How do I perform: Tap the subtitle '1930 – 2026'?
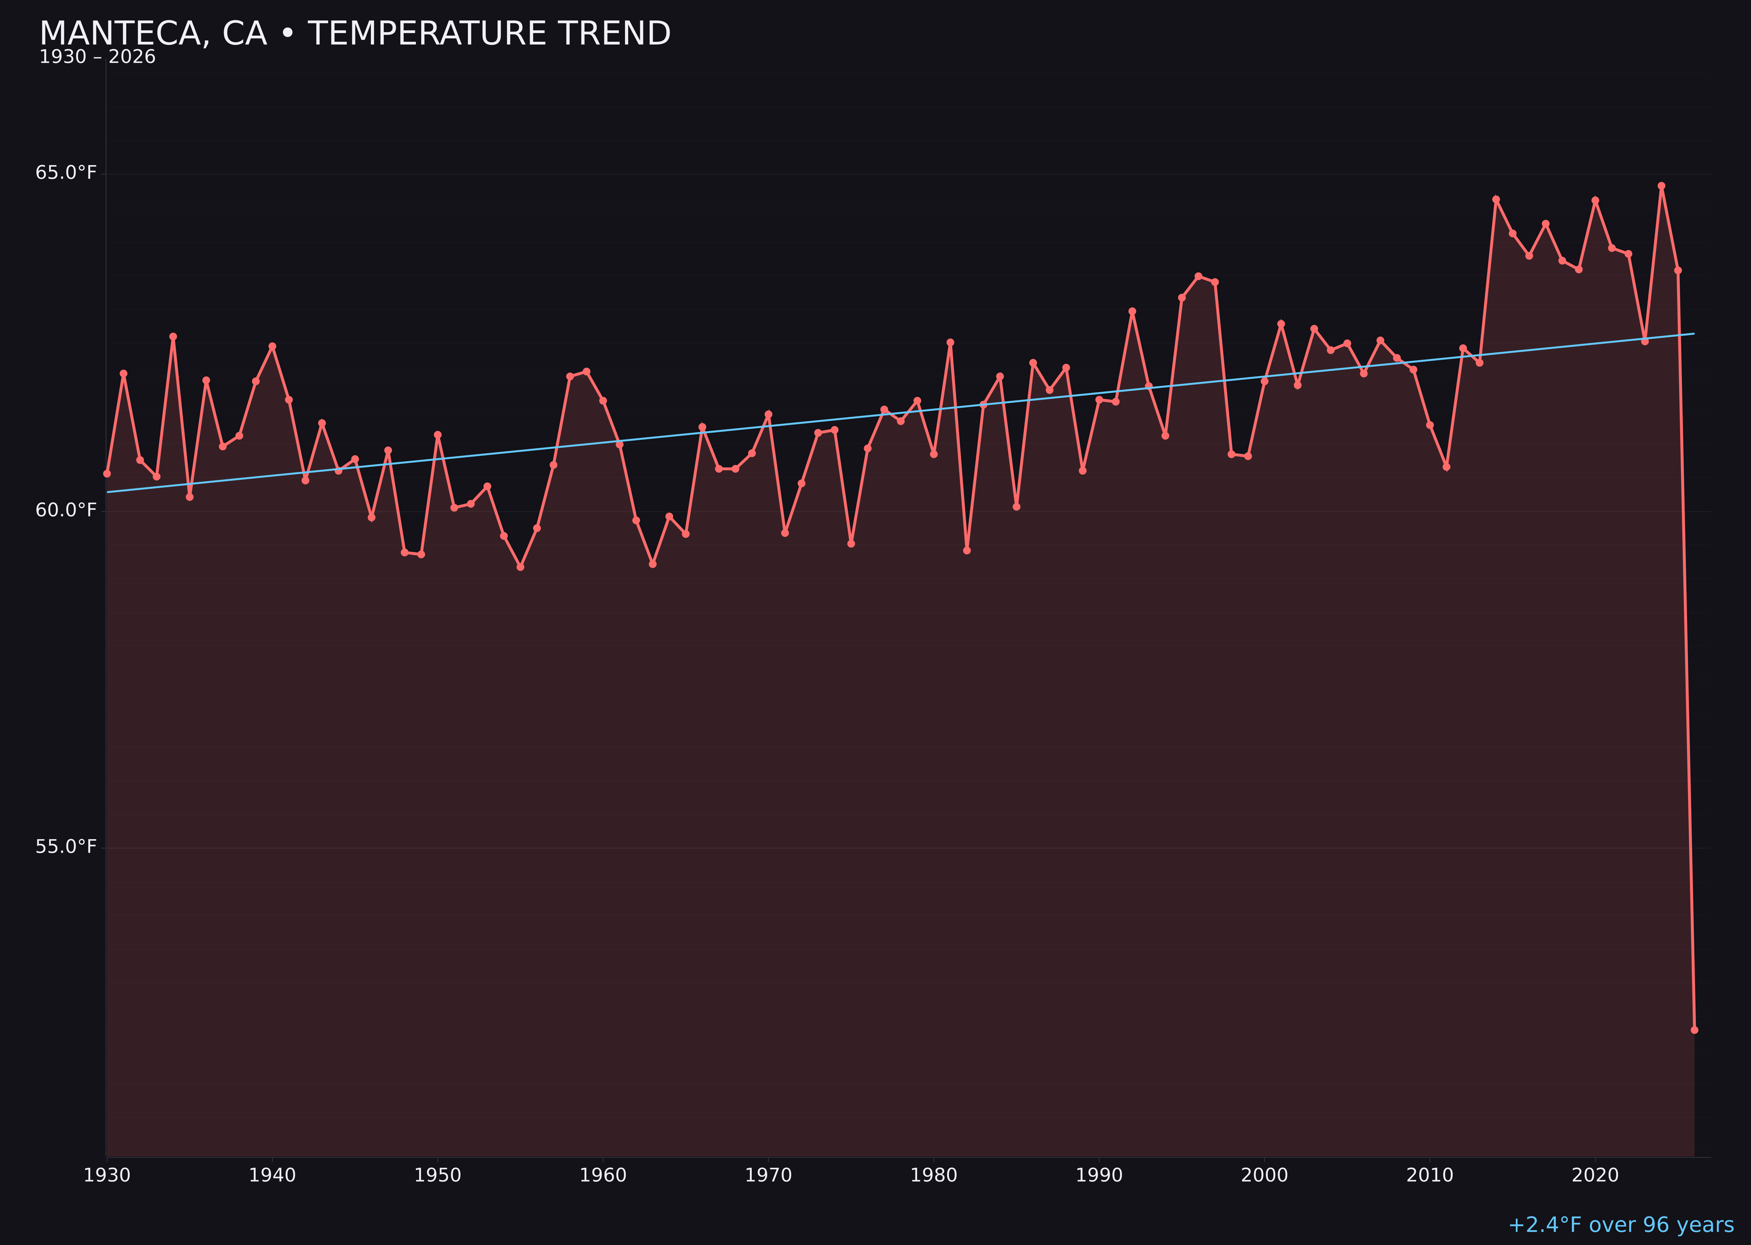[97, 57]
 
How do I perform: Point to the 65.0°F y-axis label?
[66, 172]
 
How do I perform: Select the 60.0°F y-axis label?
[66, 510]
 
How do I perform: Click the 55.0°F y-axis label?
[66, 846]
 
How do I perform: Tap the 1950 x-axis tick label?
[438, 1175]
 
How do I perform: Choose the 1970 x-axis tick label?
[768, 1175]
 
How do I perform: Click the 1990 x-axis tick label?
[1099, 1175]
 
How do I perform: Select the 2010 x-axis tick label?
[1430, 1175]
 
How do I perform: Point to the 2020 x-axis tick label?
[1595, 1175]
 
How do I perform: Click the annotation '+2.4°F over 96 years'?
[1621, 1225]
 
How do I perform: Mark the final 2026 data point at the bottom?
[1694, 1030]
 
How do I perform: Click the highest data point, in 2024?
[1661, 186]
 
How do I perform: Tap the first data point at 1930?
[106, 473]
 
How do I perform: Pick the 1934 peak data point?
[173, 337]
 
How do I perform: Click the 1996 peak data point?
[1198, 276]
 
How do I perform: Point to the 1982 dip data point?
[967, 550]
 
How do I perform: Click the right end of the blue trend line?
[1694, 334]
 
